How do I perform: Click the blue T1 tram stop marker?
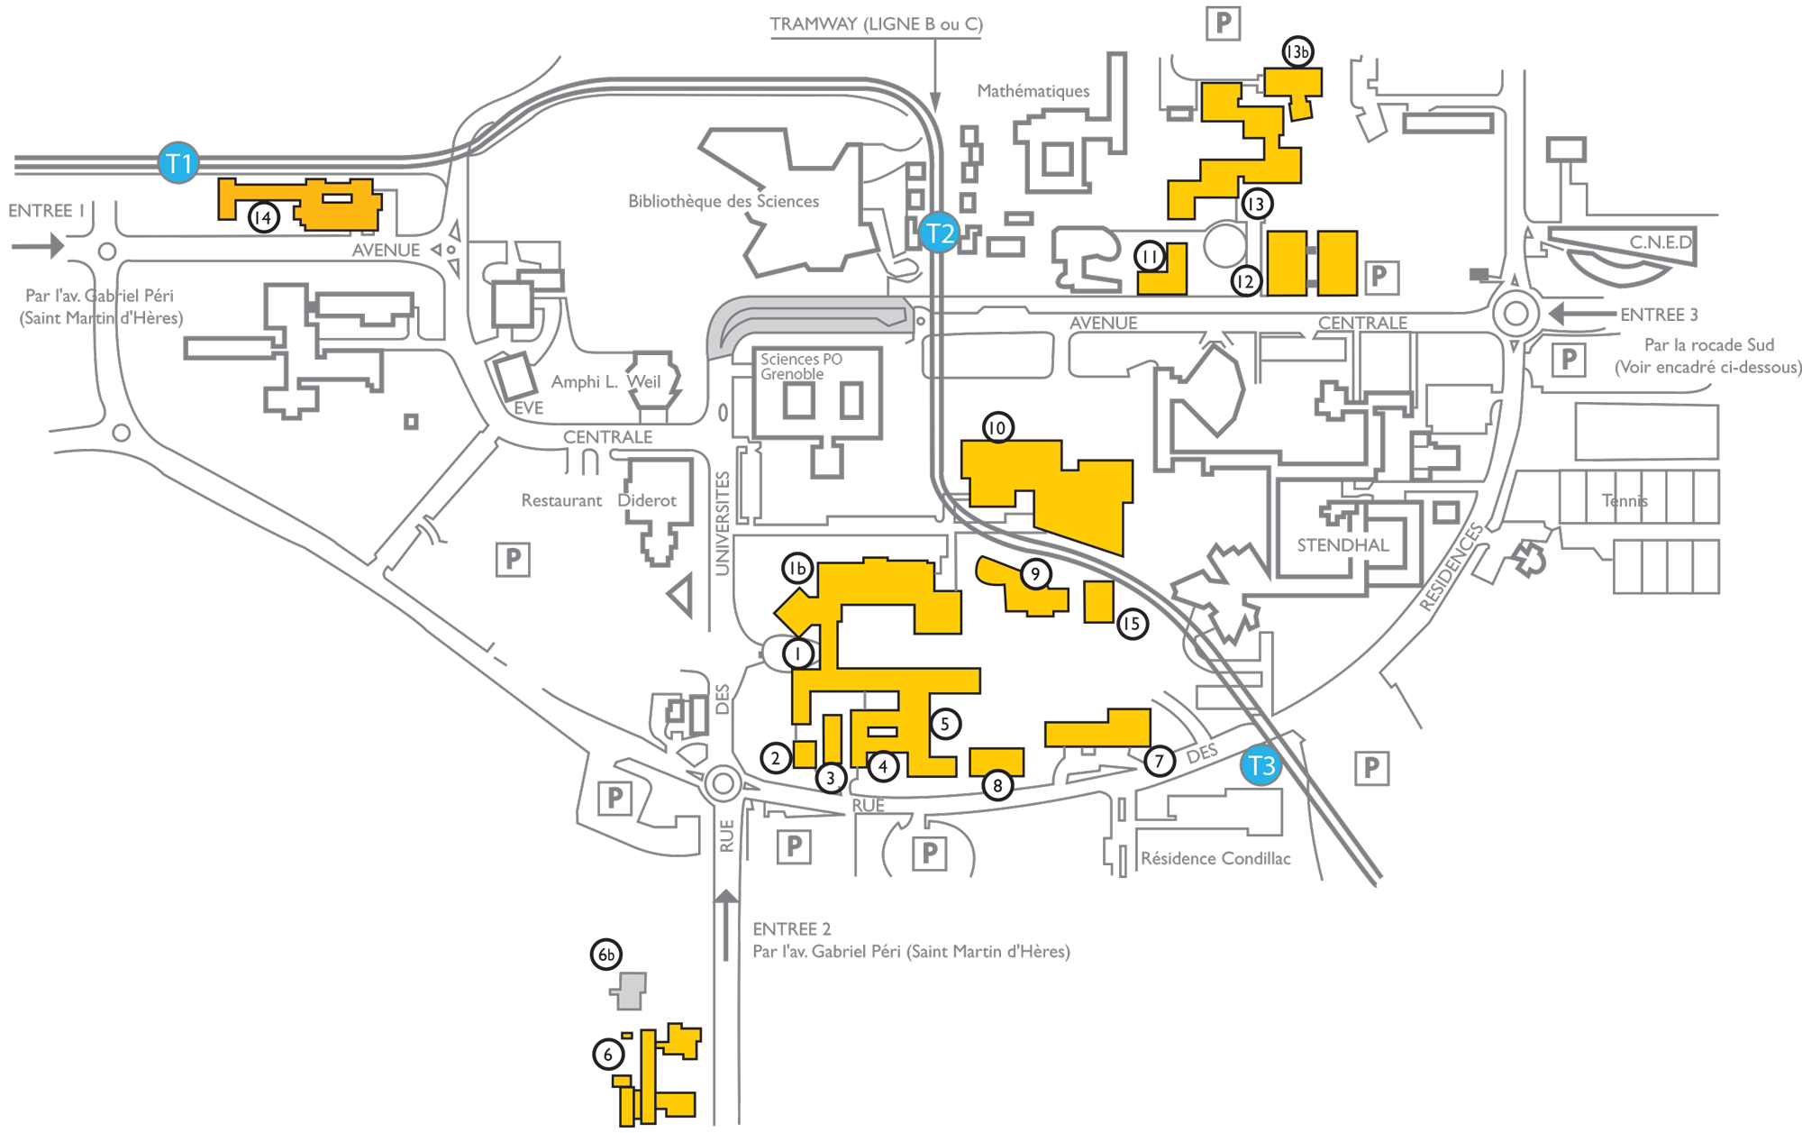[178, 163]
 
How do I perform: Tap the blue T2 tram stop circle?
[939, 233]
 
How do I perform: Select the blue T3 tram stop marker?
[1260, 765]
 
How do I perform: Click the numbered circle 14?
[263, 217]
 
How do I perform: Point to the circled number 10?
[997, 427]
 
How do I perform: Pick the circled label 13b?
[1297, 51]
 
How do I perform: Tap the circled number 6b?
[606, 955]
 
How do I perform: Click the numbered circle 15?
[1132, 624]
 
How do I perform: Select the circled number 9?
[1035, 573]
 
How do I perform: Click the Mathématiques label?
[1033, 91]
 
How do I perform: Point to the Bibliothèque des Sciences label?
[723, 201]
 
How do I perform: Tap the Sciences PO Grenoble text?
[800, 366]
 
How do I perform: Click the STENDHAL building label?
[1342, 544]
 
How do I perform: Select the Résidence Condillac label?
[1215, 858]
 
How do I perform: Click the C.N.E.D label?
[1660, 242]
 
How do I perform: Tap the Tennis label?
[1625, 500]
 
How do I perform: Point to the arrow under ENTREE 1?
[38, 245]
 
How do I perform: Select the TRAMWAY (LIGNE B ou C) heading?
[876, 24]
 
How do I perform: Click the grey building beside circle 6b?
[630, 991]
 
